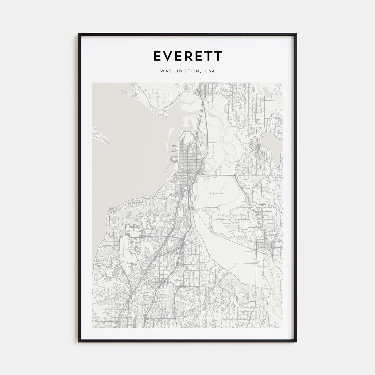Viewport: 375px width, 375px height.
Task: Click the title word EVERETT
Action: tap(187, 56)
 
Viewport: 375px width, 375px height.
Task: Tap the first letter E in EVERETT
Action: tap(157, 56)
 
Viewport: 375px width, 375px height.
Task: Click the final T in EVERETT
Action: tap(218, 56)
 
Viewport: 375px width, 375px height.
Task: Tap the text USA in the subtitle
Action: tap(209, 72)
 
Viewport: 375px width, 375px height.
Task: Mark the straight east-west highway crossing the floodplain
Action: tap(217, 175)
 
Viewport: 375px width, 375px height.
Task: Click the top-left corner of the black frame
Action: tap(79, 34)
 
